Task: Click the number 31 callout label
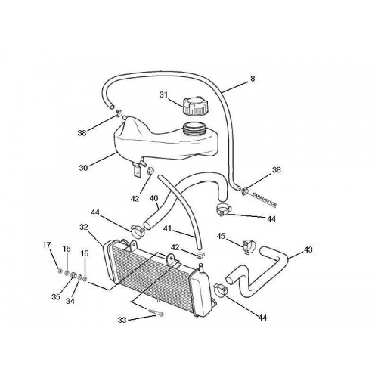tap(163, 94)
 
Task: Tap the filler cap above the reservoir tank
tap(193, 107)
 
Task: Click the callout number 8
tap(253, 79)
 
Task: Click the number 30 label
tap(83, 168)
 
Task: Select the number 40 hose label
tap(154, 198)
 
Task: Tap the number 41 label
tap(167, 228)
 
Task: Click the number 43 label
tap(308, 249)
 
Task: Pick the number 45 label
tap(221, 236)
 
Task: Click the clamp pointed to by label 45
tap(249, 246)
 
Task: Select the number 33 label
tap(122, 320)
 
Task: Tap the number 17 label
tap(47, 245)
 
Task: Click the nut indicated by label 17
tap(60, 271)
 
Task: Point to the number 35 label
tap(56, 297)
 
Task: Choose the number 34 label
tap(70, 300)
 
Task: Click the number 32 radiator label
tap(84, 227)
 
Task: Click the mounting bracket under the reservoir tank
tap(136, 170)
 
